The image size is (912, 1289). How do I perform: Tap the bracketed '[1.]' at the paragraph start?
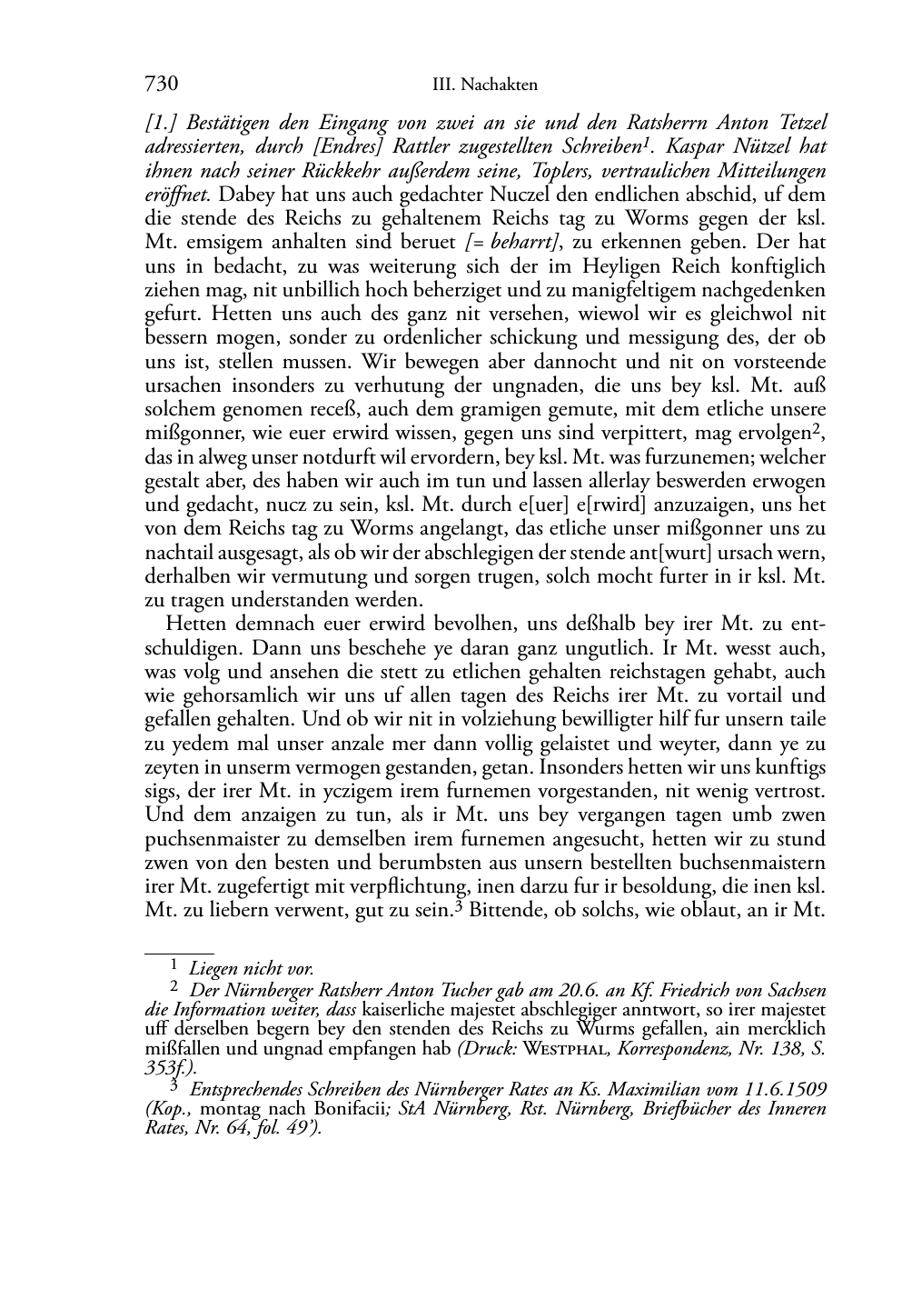(x=161, y=123)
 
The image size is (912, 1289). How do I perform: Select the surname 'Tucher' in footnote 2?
(x=439, y=991)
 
